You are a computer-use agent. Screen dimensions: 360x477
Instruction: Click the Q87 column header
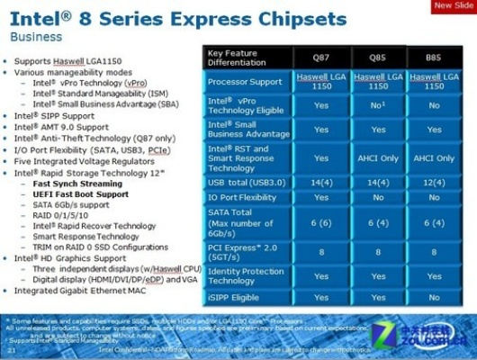point(321,57)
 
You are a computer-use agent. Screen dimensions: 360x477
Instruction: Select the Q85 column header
point(378,57)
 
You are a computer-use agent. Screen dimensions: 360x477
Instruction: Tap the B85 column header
point(435,57)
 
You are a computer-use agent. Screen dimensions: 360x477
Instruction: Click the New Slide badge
point(453,7)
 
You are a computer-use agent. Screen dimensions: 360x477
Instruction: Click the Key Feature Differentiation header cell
point(247,57)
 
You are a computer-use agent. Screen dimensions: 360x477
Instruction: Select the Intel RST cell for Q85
point(378,158)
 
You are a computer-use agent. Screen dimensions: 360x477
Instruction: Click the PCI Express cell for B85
point(435,253)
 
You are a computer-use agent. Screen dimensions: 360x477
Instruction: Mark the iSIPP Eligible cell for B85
point(435,297)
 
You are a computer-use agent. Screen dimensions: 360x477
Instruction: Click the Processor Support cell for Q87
point(321,82)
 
